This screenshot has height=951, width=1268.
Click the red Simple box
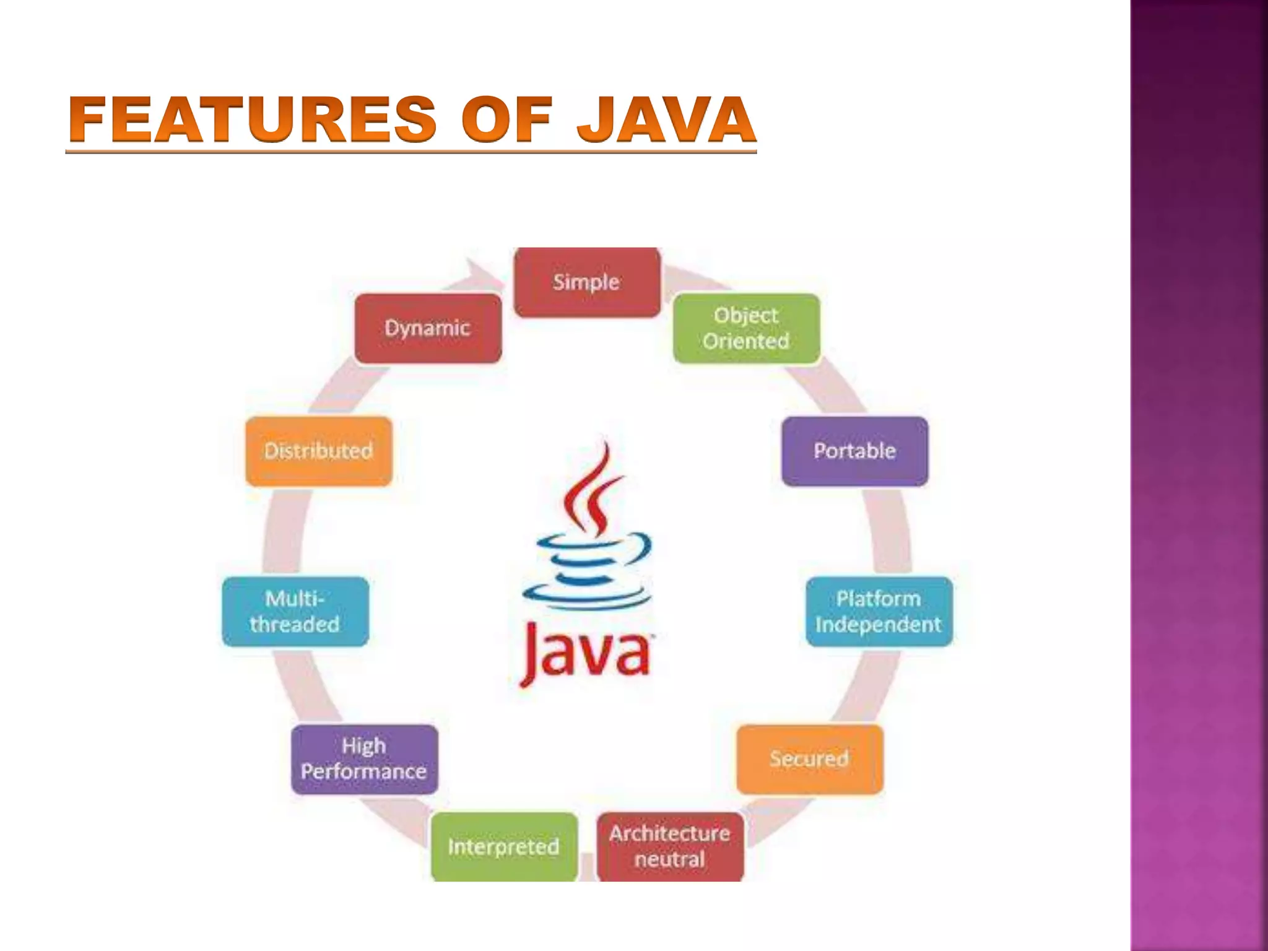(587, 282)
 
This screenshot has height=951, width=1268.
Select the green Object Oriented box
(746, 328)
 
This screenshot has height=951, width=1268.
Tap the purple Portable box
(854, 451)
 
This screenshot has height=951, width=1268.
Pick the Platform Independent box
(879, 612)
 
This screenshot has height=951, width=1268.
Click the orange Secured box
(809, 759)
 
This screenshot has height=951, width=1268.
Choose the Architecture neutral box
(670, 846)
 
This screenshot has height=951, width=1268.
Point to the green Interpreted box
(504, 846)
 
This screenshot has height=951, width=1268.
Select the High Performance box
(364, 759)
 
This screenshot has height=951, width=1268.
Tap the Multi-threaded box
(295, 612)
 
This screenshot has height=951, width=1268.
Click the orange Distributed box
(318, 451)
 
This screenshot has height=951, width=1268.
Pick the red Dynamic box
(427, 328)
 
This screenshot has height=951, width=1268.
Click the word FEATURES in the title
(253, 119)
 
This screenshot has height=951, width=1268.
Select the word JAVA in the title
(666, 119)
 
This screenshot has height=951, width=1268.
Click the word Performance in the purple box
(364, 771)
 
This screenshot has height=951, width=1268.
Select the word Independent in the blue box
(879, 624)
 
